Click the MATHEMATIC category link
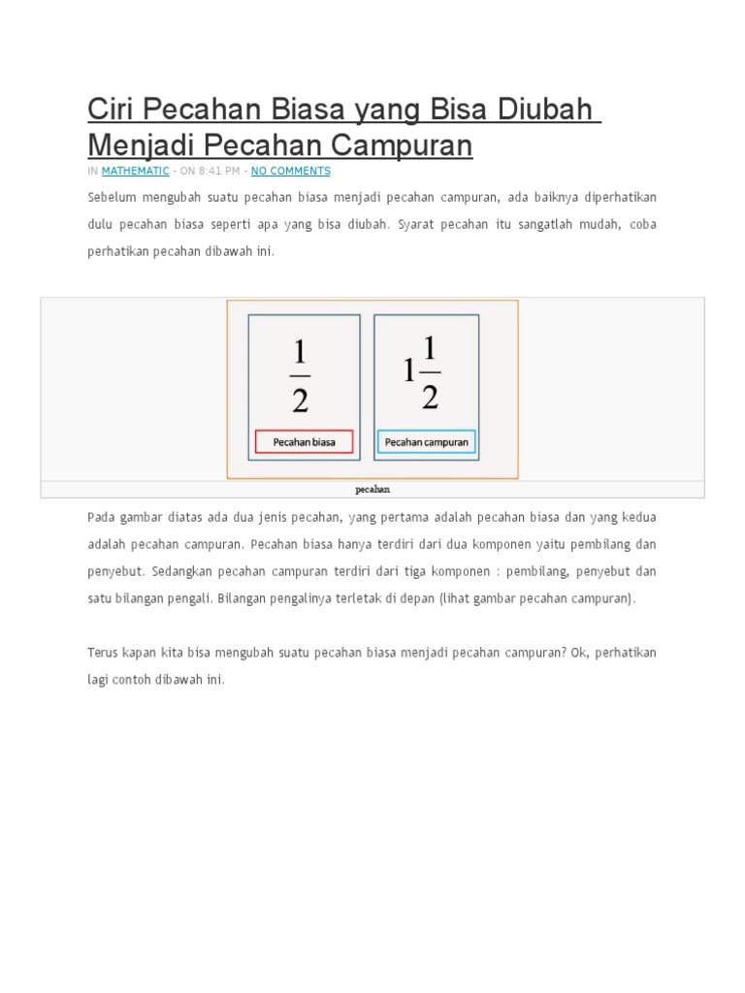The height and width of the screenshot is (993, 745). click(135, 171)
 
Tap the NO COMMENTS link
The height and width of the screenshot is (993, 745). click(290, 171)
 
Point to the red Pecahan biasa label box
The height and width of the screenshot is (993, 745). click(305, 442)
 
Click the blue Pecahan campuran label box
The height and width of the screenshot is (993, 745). click(426, 442)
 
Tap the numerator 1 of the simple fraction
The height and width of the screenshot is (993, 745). click(301, 354)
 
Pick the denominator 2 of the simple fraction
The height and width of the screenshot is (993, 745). click(301, 398)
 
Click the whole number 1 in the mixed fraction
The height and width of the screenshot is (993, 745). click(410, 372)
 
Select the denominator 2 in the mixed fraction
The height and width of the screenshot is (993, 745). click(431, 395)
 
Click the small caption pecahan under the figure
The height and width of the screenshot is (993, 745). click(372, 490)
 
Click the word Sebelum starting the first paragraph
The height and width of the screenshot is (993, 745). click(111, 198)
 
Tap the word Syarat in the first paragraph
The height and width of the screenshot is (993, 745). click(418, 224)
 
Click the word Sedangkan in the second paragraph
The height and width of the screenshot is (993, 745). click(180, 572)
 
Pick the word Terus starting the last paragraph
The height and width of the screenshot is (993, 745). click(103, 653)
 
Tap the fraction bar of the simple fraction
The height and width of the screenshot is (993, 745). click(301, 376)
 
